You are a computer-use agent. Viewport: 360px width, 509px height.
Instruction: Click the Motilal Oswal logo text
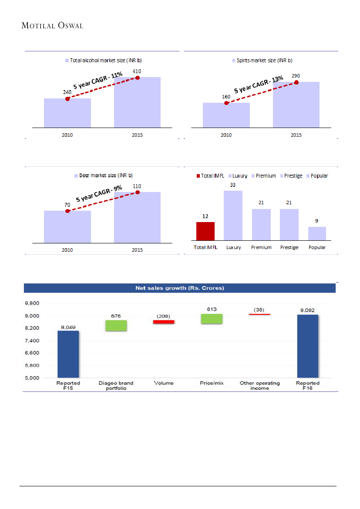(x=52, y=26)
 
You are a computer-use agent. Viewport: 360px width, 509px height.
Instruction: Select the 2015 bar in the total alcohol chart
(x=137, y=102)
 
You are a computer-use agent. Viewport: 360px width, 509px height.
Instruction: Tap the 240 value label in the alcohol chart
(x=67, y=92)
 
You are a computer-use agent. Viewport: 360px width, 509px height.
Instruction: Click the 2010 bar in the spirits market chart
(x=226, y=115)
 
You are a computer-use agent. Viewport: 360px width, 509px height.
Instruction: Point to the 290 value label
(x=296, y=76)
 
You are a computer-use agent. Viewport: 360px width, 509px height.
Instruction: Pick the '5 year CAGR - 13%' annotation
(x=259, y=85)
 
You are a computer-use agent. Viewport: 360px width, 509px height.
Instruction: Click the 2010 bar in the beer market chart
(x=67, y=226)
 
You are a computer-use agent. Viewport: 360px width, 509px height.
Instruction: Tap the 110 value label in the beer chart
(x=137, y=186)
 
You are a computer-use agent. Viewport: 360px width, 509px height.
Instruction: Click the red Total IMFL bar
(x=205, y=231)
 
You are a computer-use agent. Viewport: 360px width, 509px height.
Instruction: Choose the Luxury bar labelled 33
(x=233, y=215)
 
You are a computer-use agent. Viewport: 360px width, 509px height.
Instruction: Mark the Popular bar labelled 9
(x=317, y=233)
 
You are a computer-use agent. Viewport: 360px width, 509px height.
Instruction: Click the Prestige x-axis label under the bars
(x=289, y=247)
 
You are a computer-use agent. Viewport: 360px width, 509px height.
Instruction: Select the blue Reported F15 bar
(x=68, y=354)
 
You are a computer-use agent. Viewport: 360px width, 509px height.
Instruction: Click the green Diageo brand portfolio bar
(x=116, y=326)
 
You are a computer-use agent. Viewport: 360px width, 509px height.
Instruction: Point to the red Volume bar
(x=164, y=322)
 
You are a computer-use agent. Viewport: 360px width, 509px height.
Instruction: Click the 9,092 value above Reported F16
(x=307, y=310)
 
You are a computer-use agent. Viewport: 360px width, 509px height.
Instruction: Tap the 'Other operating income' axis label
(x=260, y=386)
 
